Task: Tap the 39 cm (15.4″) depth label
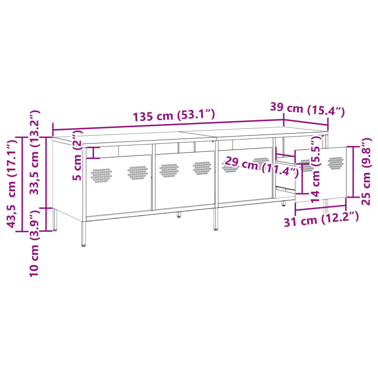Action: click(x=307, y=109)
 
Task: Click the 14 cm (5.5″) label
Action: click(x=316, y=170)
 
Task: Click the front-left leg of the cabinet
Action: click(x=84, y=233)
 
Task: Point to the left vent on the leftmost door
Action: click(x=101, y=176)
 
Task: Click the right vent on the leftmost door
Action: click(x=137, y=171)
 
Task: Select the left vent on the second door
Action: click(x=169, y=171)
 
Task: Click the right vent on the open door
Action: click(x=335, y=163)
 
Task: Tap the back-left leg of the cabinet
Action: click(x=55, y=220)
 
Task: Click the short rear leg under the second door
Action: click(x=179, y=214)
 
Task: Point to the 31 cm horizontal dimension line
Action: click(x=320, y=209)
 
